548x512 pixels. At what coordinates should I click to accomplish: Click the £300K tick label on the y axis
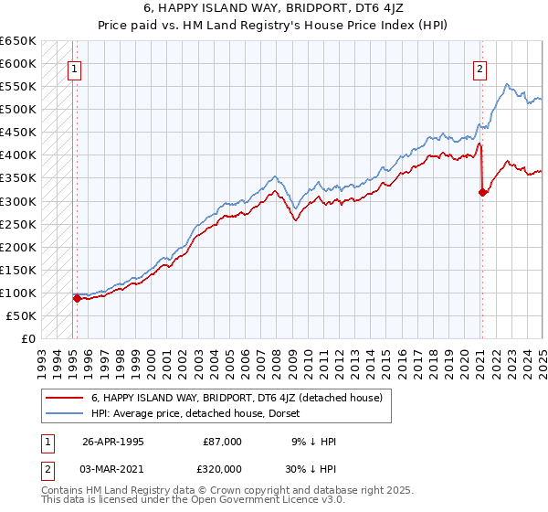coord(18,201)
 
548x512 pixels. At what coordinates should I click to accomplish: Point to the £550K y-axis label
coord(18,87)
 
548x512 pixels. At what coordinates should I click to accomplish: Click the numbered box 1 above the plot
coord(74,67)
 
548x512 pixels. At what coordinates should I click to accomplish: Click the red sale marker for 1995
coord(77,298)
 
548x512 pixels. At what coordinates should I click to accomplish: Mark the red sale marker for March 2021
coord(482,191)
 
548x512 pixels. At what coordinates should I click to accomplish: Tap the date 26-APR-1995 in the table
coord(112,441)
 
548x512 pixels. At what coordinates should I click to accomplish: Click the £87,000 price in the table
coord(223,441)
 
